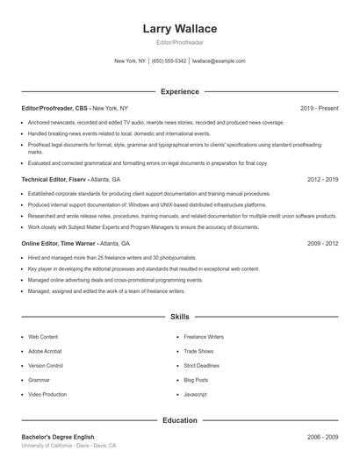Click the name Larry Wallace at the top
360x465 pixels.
pos(180,29)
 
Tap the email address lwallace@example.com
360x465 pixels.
pos(219,61)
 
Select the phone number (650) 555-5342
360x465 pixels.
pos(169,61)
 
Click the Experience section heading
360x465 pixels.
pos(180,91)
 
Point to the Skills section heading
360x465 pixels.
pos(180,316)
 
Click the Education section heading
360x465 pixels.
pos(180,420)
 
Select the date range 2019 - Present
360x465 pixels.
pos(319,108)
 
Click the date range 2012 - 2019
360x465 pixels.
pos(322,178)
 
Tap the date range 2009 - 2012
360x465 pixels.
pos(322,243)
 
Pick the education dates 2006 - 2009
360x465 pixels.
pos(322,436)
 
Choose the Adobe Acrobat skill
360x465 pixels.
pos(46,351)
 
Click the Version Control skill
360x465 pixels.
pos(46,365)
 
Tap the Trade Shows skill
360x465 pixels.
pos(199,351)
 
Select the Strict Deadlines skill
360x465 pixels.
pos(202,365)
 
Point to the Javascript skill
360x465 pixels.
pos(196,395)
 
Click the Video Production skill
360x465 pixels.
pos(47,395)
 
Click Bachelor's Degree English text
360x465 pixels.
pos(58,436)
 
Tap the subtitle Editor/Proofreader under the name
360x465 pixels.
pos(180,43)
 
